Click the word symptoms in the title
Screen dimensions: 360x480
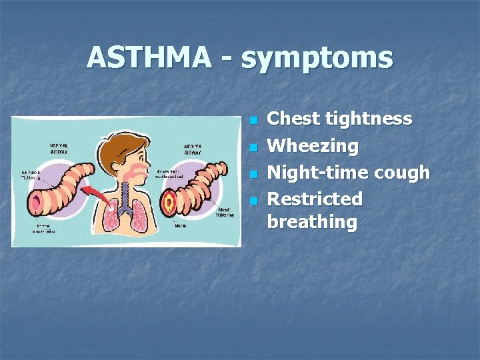[x=317, y=59]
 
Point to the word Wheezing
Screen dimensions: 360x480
[x=312, y=145]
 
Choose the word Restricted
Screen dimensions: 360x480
[x=315, y=199]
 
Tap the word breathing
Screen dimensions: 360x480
[x=312, y=222]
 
